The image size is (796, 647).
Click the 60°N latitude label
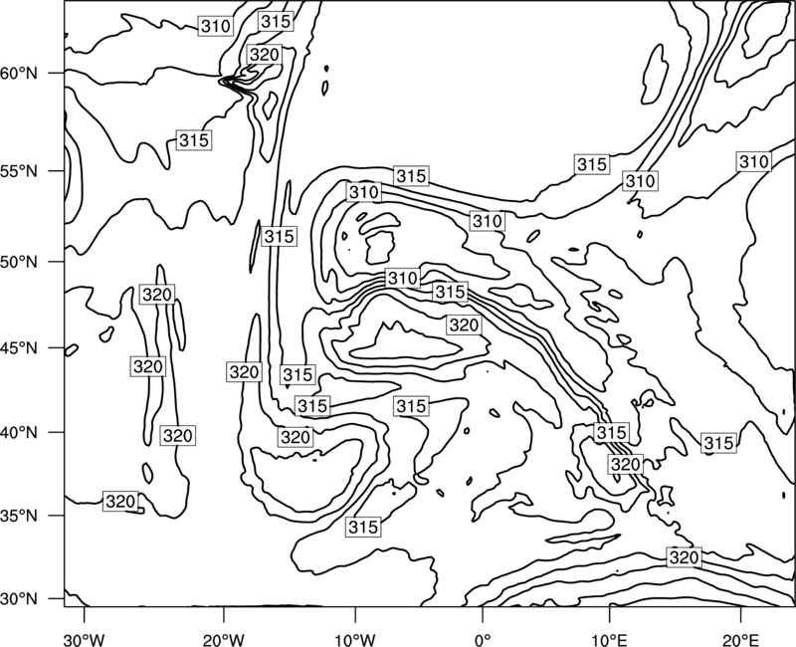pos(19,74)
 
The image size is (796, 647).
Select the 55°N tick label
pos(19,171)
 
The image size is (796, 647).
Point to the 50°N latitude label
pos(19,262)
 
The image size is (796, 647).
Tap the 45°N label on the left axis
pos(19,348)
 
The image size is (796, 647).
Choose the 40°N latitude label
pos(19,433)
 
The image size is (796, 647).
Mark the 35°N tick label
pos(19,516)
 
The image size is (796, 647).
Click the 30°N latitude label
pos(19,599)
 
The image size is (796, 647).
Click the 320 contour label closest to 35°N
pos(120,502)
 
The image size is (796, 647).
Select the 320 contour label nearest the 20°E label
pos(685,557)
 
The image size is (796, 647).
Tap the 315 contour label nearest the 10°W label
pos(363,528)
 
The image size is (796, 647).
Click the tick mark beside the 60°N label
pos(57,73)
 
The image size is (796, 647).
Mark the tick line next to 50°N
pos(57,262)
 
